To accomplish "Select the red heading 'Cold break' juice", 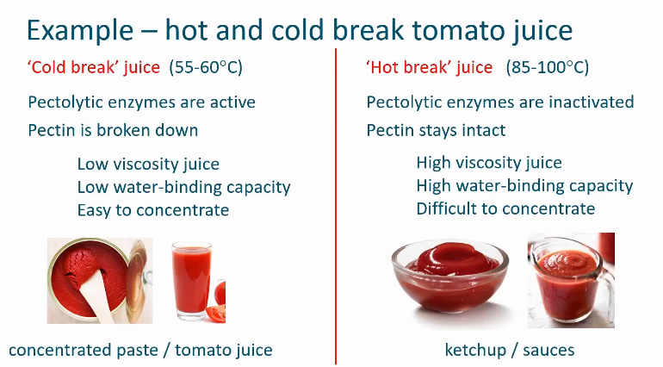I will pos(94,67).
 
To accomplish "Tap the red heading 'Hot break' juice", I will pos(429,67).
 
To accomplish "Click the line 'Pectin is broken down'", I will pos(113,130).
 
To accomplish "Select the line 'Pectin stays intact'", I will pos(436,130).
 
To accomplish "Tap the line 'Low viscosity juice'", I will pos(148,164).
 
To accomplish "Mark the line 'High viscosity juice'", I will pos(488,163).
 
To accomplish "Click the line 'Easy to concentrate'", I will pos(153,209).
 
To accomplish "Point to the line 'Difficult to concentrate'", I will pos(505,208).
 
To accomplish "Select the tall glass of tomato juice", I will pos(194,281).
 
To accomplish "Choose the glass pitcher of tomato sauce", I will pos(568,280).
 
